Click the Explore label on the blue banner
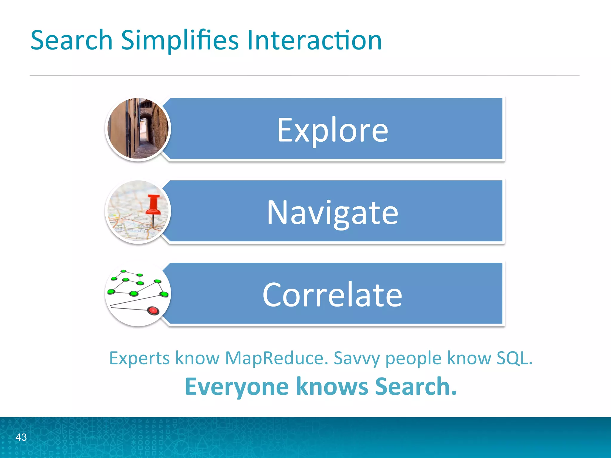332,130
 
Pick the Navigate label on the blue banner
332,212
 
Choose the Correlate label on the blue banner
332,295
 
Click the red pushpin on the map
154,206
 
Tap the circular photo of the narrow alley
138,129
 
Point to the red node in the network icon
153,311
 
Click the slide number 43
21,437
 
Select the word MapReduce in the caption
276,358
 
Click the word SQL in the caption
514,358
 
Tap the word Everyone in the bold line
237,386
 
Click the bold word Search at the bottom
416,386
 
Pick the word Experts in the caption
139,358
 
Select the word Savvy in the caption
357,358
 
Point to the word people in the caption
413,358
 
